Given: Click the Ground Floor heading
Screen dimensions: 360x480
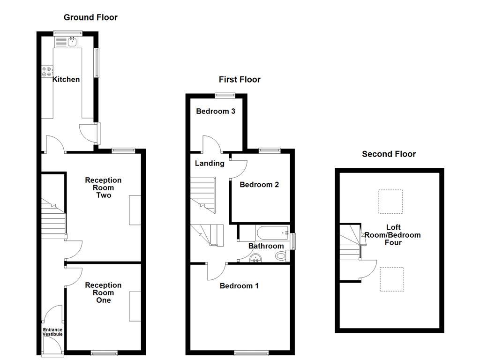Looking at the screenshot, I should coord(90,17).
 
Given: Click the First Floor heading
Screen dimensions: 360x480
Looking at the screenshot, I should coord(240,79).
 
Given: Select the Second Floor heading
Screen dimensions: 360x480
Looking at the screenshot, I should coord(389,154).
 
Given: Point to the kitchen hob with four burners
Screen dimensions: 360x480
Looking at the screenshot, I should coord(47,72).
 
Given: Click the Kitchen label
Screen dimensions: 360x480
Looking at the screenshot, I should coord(66,79).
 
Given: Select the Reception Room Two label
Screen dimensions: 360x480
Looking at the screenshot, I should coord(103,187).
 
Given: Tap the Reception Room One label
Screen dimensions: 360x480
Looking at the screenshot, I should coord(103,292).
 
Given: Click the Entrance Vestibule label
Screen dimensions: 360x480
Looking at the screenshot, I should coord(52,332).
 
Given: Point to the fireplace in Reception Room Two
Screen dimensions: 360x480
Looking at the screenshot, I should coord(135,210).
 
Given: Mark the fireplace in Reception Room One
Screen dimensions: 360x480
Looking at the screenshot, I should coord(135,306).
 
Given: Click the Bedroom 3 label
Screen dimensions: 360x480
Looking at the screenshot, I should coord(215,111).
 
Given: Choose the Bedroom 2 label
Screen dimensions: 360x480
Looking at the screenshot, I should coord(259,184).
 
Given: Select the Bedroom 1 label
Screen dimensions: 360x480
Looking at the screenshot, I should coord(239,285).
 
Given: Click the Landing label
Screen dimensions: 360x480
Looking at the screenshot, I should coord(210,163).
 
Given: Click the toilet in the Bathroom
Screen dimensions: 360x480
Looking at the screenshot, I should coord(281,256).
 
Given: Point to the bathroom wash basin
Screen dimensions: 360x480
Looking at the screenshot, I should coord(256,258).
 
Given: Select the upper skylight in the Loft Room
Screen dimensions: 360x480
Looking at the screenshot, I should coord(390,201).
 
